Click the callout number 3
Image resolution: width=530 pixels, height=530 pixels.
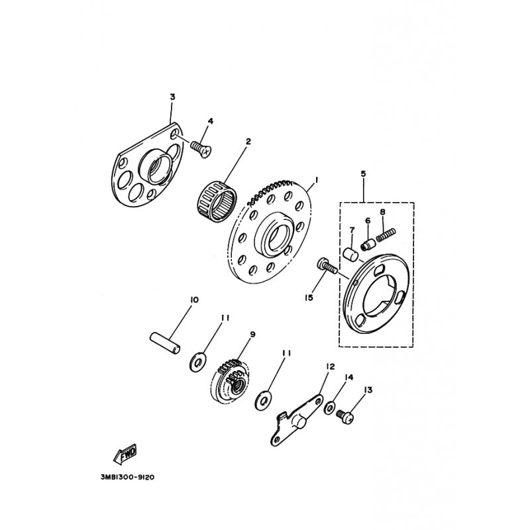click(172, 97)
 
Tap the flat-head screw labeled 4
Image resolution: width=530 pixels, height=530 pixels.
click(200, 147)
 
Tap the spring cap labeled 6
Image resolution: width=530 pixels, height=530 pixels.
click(365, 245)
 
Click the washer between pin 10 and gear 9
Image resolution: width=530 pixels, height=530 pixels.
click(197, 362)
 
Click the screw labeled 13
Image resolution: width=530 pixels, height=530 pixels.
click(345, 416)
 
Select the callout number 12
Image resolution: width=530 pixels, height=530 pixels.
click(331, 366)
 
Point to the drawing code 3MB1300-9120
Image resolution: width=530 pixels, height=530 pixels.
click(131, 476)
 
